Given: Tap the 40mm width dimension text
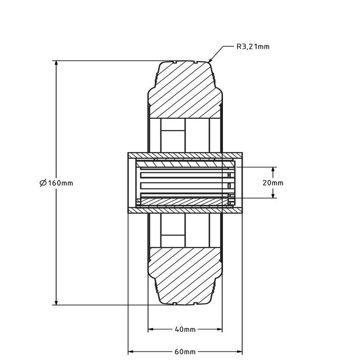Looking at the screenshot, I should coord(185,329).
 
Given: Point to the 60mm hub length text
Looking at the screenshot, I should coord(185,352).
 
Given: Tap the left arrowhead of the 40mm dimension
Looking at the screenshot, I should coord(151,329).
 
